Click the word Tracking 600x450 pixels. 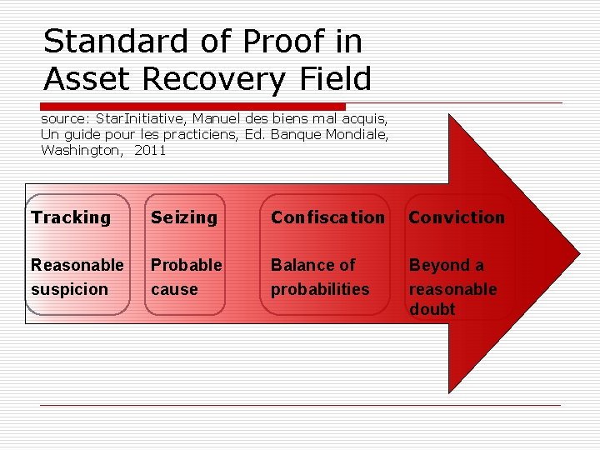point(71,217)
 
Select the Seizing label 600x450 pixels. point(183,217)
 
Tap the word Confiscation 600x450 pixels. point(327,217)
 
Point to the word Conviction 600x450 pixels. point(457,217)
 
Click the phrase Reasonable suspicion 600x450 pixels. point(77,277)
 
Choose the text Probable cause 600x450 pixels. point(186,277)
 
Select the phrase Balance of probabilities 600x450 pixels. point(320,277)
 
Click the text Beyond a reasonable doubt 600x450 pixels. point(452,287)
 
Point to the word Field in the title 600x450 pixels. point(337,79)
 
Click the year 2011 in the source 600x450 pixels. point(150,151)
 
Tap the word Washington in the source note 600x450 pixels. point(80,151)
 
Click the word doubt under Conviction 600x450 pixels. point(432,309)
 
